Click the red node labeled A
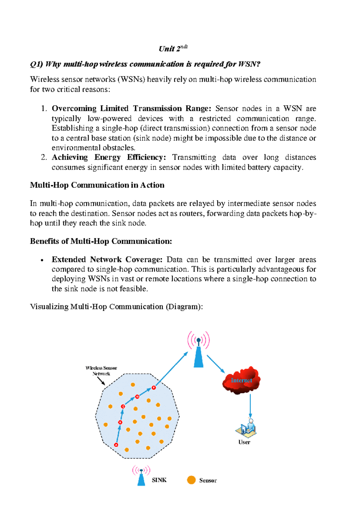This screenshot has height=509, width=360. click(x=116, y=445)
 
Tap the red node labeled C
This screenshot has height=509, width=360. click(x=123, y=406)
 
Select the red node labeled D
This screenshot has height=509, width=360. click(x=137, y=396)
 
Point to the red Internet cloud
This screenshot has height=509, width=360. click(x=241, y=380)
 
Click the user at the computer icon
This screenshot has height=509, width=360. click(x=246, y=428)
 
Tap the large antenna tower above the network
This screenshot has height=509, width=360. click(x=198, y=350)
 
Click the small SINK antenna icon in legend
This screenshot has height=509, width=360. click(x=141, y=476)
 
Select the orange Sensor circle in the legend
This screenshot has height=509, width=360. click(x=191, y=480)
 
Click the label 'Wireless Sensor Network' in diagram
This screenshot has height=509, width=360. click(x=101, y=371)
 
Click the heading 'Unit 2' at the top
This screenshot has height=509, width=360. click(x=173, y=48)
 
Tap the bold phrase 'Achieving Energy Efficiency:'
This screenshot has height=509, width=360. click(x=109, y=157)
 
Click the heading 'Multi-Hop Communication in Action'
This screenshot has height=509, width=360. click(x=97, y=185)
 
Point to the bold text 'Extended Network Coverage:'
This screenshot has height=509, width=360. click(x=107, y=259)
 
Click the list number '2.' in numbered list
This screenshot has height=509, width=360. click(x=44, y=157)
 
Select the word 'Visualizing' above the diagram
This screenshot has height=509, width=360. click(x=49, y=307)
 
